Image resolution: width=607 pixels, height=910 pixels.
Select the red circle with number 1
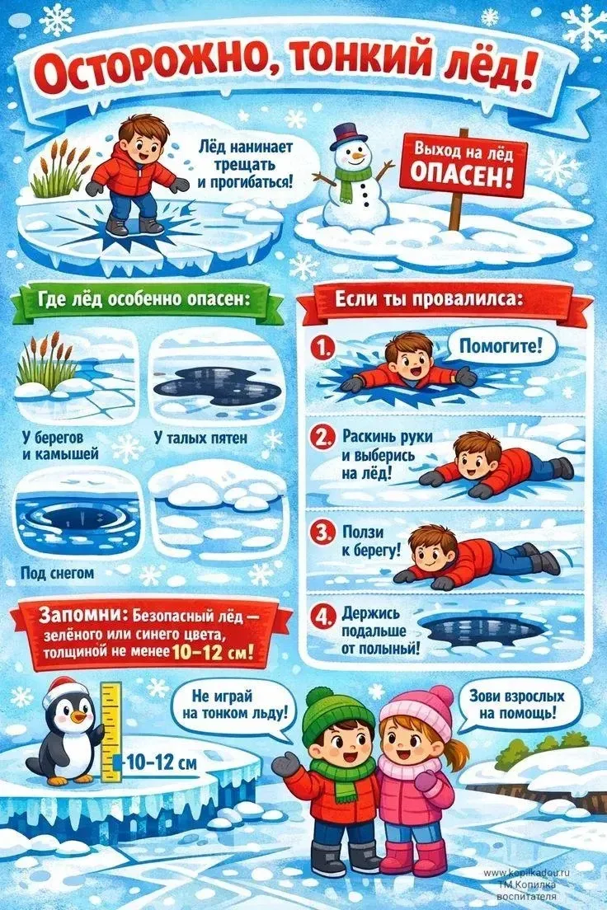pyautogui.click(x=322, y=348)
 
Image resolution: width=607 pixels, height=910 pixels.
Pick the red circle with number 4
pyautogui.click(x=322, y=617)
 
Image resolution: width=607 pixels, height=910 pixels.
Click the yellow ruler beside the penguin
pyautogui.click(x=111, y=731)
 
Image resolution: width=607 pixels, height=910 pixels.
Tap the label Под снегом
pyautogui.click(x=57, y=574)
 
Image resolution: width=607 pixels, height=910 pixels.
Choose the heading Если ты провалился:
pyautogui.click(x=429, y=299)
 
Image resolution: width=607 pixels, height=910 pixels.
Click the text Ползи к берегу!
pyautogui.click(x=371, y=541)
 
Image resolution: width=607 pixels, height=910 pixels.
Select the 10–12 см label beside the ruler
pyautogui.click(x=161, y=762)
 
